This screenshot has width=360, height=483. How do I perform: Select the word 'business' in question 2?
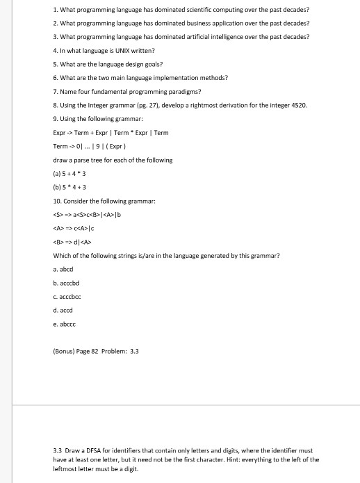tap(212, 23)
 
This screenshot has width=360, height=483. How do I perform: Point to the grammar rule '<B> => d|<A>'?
tap(72, 242)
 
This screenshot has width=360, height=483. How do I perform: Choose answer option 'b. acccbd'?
tap(66, 283)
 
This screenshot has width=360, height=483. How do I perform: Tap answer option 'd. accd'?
tap(63, 310)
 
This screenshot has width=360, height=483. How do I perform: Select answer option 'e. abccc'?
tap(64, 324)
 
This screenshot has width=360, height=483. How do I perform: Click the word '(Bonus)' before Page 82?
tap(66, 351)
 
